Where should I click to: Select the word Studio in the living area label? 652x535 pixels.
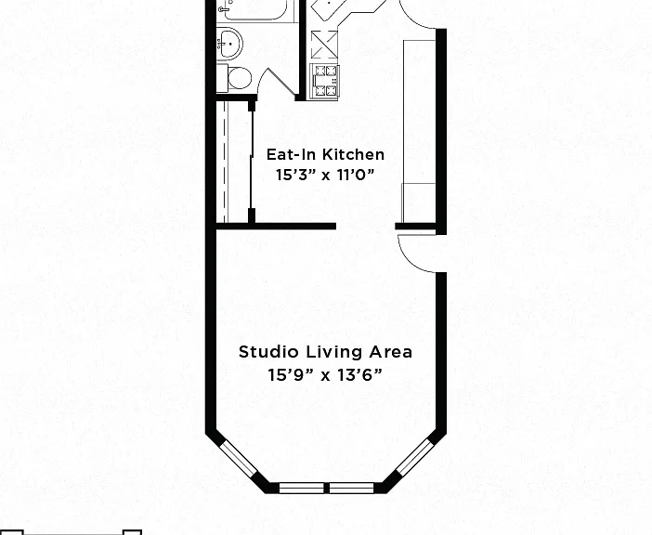point(268,352)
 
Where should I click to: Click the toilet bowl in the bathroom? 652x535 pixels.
point(240,78)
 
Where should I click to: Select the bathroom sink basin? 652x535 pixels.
point(229,43)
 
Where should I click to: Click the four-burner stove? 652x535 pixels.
point(325,82)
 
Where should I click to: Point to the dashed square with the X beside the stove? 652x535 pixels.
point(324,45)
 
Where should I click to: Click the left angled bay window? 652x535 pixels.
point(239,459)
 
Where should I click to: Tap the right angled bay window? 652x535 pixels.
point(414,458)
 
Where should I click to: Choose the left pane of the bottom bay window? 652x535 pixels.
point(301,488)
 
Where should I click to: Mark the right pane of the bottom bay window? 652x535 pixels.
point(352,488)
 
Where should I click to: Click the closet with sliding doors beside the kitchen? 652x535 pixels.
point(234,163)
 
